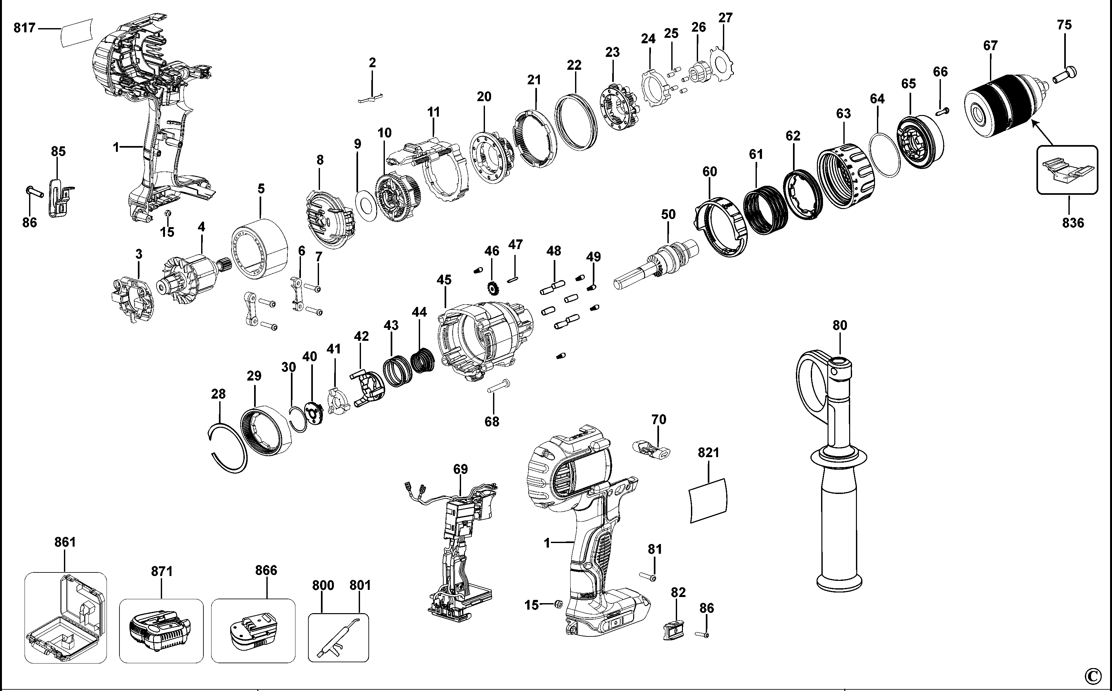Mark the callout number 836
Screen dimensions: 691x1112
(x=1073, y=223)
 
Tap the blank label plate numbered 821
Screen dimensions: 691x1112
(x=708, y=501)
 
